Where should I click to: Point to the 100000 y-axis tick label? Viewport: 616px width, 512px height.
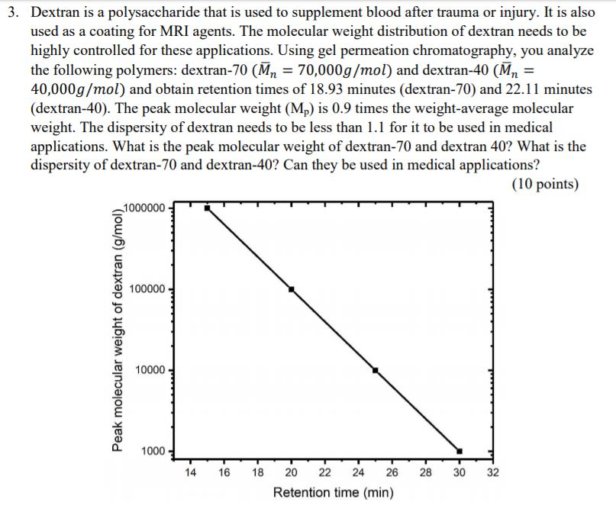[x=148, y=289]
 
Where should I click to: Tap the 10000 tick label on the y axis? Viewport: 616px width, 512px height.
[x=150, y=370]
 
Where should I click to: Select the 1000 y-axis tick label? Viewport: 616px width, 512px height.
[x=153, y=451]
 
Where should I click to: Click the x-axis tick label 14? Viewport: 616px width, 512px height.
[x=191, y=472]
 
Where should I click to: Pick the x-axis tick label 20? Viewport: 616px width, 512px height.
[x=291, y=472]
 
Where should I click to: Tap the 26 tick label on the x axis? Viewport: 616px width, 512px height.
[x=392, y=472]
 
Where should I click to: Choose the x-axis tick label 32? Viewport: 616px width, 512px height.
[x=492, y=472]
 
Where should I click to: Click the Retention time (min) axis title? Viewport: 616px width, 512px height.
[x=334, y=493]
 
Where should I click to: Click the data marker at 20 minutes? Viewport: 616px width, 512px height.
[x=291, y=289]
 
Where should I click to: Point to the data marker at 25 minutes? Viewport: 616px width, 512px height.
[x=375, y=370]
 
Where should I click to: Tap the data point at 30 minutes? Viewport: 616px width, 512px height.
[x=459, y=450]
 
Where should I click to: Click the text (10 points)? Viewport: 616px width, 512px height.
[x=545, y=185]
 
